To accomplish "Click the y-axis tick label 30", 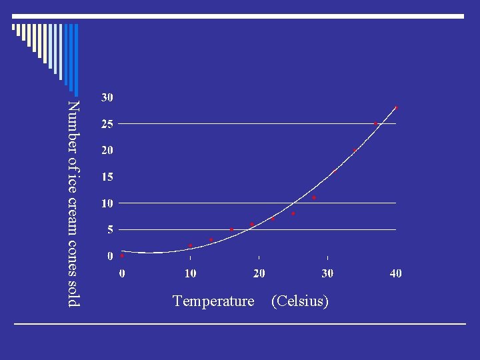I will (107, 97).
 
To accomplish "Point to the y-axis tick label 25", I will (107, 124).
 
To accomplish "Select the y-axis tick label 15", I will (107, 177).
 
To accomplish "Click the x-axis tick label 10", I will (191, 273).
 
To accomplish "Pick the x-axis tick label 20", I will (259, 273).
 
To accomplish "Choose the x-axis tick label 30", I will (327, 273).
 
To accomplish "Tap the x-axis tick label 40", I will (396, 273).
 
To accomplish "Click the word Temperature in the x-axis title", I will (213, 301).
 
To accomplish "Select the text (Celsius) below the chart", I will (300, 301).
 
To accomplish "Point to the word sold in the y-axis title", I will (73, 293).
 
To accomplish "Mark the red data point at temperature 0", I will (123, 255).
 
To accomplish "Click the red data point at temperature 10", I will (191, 245).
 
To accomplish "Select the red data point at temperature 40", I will (396, 107).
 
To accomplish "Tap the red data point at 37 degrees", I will (376, 123).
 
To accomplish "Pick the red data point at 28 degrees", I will (314, 197).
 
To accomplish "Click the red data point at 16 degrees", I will (232, 229).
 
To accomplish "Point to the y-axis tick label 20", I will (107, 151).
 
